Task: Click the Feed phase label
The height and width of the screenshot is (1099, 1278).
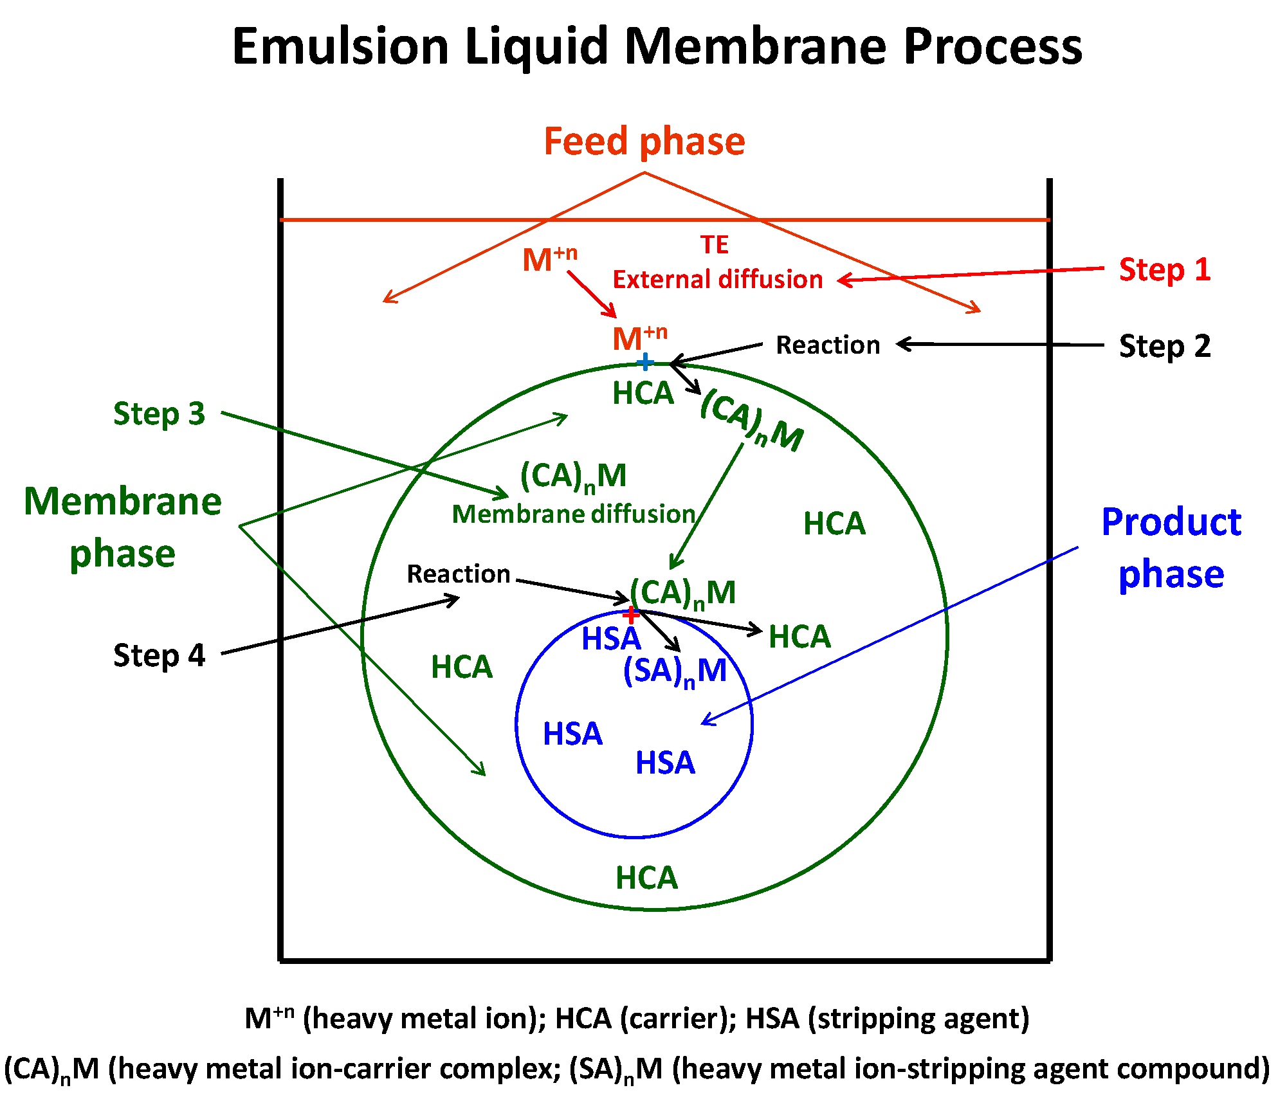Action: click(644, 141)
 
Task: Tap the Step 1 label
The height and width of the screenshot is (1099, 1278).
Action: click(1164, 269)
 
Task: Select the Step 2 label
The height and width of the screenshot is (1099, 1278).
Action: click(1164, 346)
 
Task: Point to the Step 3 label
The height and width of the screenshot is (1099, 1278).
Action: click(159, 413)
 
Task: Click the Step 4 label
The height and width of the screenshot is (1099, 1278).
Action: click(159, 655)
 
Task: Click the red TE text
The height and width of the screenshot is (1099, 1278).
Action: click(714, 245)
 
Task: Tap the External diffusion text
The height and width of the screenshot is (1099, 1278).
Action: click(717, 280)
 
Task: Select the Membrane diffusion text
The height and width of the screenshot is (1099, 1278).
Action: click(574, 514)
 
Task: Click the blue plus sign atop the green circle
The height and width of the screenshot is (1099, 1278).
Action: click(644, 362)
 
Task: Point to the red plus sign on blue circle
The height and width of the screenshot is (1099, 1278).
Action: click(630, 615)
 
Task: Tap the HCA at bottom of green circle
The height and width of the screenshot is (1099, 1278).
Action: click(646, 878)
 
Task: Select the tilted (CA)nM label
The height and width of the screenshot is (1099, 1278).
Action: click(751, 421)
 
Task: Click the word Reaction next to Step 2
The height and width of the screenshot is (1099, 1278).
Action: click(828, 345)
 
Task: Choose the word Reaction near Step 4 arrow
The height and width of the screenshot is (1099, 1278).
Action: click(459, 574)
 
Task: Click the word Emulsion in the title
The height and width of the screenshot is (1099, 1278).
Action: click(340, 46)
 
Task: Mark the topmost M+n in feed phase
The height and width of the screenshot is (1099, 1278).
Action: click(549, 260)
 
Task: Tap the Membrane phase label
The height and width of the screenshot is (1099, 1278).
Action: click(122, 527)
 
